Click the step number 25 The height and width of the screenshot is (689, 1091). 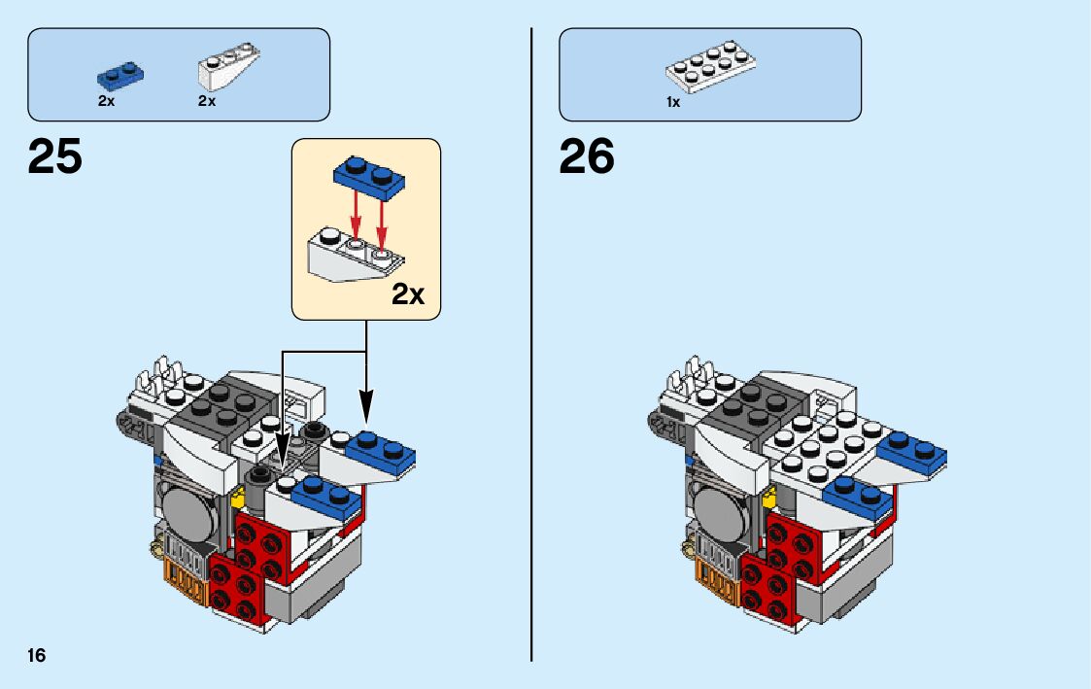click(x=55, y=155)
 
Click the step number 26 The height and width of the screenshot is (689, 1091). click(x=587, y=155)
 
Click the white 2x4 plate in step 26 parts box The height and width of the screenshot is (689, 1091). click(x=711, y=70)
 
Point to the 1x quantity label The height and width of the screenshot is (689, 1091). click(x=672, y=102)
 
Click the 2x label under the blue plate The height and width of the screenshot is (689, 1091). click(x=106, y=101)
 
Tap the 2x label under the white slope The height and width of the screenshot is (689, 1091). click(x=206, y=101)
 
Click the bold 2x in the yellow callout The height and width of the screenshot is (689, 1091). click(x=408, y=294)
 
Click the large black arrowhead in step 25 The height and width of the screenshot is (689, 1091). click(x=366, y=405)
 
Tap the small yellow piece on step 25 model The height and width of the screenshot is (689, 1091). click(x=237, y=499)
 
